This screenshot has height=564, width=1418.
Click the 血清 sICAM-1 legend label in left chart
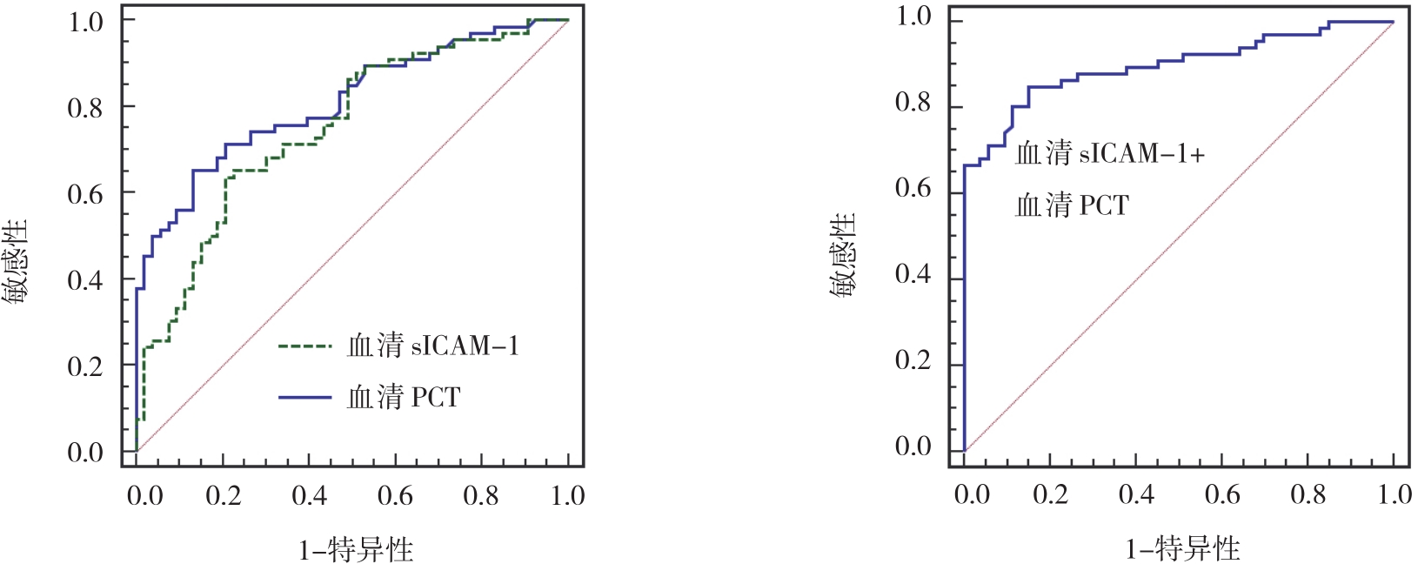coord(432,346)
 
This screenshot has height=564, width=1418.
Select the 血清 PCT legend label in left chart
coord(404,398)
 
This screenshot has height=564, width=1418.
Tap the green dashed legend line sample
coord(304,346)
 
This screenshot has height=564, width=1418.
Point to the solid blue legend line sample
coord(304,398)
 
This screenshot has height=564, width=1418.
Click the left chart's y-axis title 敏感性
coord(16,260)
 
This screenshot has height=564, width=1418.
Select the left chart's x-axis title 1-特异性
coord(356,549)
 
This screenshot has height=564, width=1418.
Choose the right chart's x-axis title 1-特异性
coord(1182,548)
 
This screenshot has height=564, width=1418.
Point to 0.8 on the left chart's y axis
coord(85,108)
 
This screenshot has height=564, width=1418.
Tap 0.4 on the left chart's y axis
coord(85,280)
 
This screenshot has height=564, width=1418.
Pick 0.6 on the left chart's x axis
coord(395,496)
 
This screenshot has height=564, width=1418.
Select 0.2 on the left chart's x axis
coord(223,496)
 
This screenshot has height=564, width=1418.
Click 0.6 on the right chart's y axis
coord(913,189)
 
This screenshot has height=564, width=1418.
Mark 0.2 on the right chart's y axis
coord(913,360)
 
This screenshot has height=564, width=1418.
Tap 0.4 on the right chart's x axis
coord(1136,495)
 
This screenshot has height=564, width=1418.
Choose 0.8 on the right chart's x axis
coord(1308,495)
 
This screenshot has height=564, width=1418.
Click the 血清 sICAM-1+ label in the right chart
coord(1110,154)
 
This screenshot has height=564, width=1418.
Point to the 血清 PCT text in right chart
coord(1072,205)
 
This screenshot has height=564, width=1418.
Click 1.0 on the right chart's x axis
coord(1395,495)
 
